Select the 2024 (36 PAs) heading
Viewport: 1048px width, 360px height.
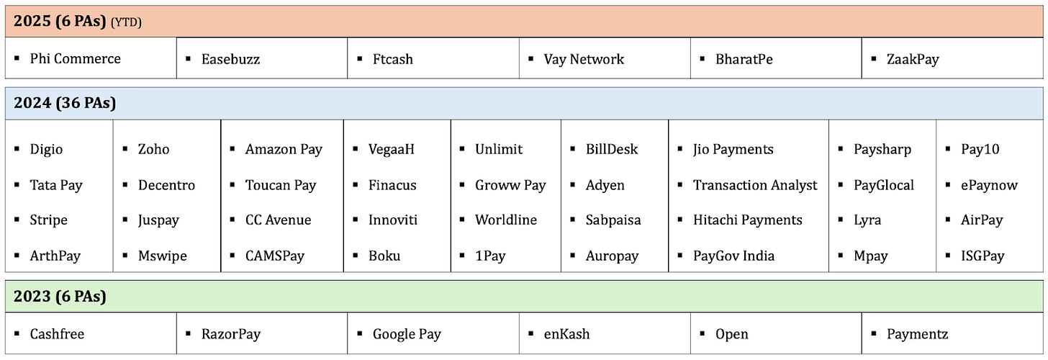point(65,103)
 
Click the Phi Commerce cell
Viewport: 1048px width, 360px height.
point(75,59)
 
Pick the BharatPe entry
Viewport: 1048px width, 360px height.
point(744,59)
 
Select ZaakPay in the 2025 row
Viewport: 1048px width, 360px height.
point(913,59)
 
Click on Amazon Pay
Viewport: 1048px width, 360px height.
point(284,150)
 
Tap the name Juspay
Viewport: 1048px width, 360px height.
point(158,220)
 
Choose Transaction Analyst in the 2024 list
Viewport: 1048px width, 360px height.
point(755,185)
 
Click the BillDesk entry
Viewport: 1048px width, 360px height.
point(612,150)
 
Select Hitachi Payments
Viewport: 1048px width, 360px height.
point(747,220)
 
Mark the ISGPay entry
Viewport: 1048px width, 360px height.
point(982,256)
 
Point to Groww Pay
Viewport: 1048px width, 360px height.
point(510,185)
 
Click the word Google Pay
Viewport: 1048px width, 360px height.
point(407,334)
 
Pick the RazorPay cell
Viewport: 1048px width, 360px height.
point(230,334)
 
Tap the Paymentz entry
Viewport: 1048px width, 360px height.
point(917,334)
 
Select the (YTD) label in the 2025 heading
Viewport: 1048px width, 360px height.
point(126,22)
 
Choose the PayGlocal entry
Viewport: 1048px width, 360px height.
point(883,185)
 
